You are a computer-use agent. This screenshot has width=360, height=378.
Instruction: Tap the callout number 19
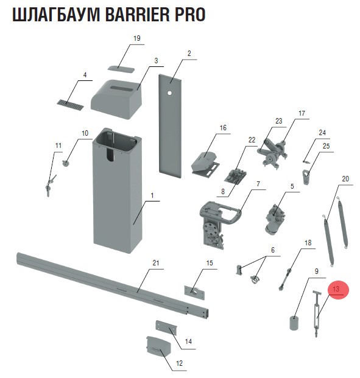click(137, 38)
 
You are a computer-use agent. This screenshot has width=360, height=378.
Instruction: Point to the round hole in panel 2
click(169, 93)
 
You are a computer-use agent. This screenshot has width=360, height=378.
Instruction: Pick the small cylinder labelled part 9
click(294, 323)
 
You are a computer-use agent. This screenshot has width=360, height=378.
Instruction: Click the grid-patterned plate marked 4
click(70, 104)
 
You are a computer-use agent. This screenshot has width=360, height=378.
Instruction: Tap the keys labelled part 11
click(50, 185)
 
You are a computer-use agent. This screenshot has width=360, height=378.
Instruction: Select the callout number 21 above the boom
click(156, 262)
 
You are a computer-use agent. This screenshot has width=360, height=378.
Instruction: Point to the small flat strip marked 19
click(121, 69)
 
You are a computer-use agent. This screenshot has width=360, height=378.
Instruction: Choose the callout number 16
click(223, 128)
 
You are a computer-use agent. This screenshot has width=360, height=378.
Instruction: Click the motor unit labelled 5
click(274, 219)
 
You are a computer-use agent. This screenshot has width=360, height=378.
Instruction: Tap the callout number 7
click(258, 184)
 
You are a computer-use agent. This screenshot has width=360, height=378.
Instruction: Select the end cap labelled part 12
click(159, 346)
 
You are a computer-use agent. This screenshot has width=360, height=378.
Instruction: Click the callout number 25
click(326, 146)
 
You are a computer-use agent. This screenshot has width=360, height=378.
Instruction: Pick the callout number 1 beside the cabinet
click(152, 195)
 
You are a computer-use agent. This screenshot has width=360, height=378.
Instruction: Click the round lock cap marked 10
click(66, 164)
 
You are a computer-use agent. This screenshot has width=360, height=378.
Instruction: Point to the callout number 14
click(188, 341)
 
